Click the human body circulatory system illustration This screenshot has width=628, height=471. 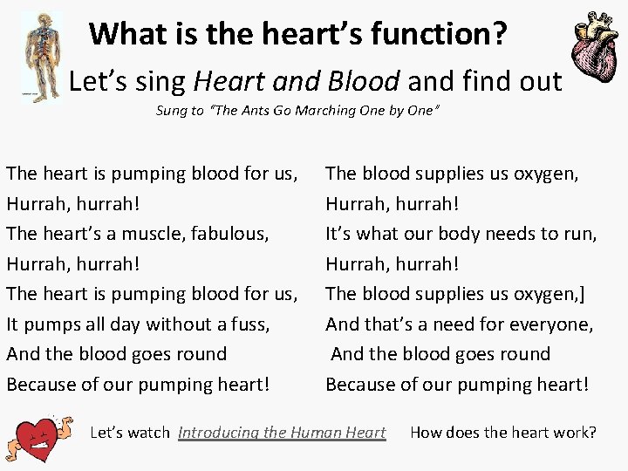tap(39, 57)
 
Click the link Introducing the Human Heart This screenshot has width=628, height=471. tap(282, 432)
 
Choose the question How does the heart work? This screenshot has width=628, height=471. tap(503, 432)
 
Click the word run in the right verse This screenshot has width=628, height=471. tap(580, 234)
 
